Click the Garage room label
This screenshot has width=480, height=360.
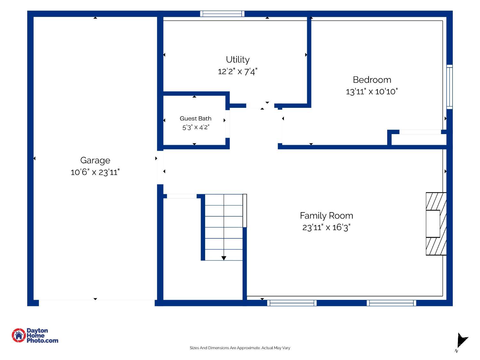tap(95, 161)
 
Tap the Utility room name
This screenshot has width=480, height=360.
tap(237, 60)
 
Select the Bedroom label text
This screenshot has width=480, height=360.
tap(372, 80)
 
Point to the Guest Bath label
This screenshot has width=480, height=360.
tap(195, 118)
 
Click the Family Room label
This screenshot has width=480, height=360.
tap(326, 216)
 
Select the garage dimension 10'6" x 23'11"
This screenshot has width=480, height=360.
tap(95, 172)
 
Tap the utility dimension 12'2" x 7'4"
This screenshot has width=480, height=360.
tap(237, 71)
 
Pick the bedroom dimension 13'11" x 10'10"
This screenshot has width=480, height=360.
tap(372, 92)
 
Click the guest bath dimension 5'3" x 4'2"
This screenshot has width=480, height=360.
tap(196, 127)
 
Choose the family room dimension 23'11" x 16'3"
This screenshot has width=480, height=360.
tap(326, 227)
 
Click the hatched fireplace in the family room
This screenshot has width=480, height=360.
tap(436, 224)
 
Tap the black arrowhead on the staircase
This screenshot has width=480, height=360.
tap(223, 258)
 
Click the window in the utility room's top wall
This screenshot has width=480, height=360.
tap(222, 13)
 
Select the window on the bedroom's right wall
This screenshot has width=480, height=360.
tap(449, 87)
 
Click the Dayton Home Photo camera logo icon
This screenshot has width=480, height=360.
tap(19, 335)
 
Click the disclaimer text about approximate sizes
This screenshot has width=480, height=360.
tap(240, 348)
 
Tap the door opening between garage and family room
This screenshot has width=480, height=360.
tap(160, 167)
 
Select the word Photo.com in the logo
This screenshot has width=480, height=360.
tap(43, 340)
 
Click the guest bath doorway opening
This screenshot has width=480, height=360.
tap(228, 124)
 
